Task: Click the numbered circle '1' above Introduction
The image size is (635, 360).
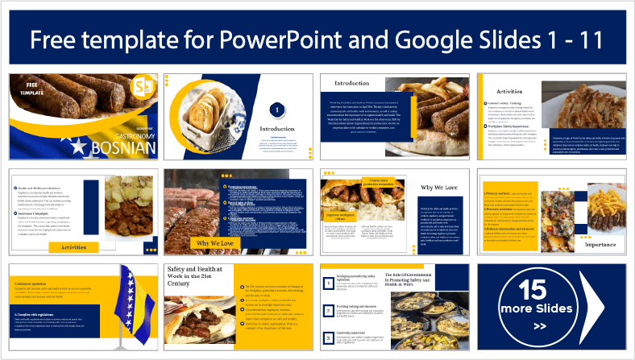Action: [276, 109]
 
